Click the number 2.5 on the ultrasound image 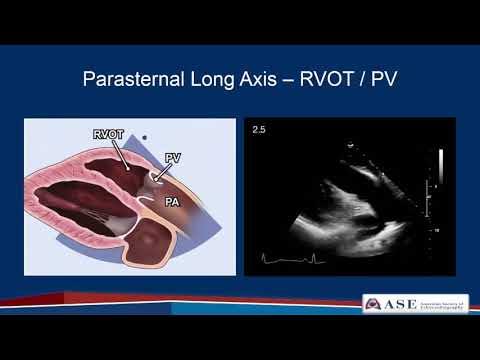click(x=259, y=130)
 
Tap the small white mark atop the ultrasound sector click(x=347, y=144)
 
